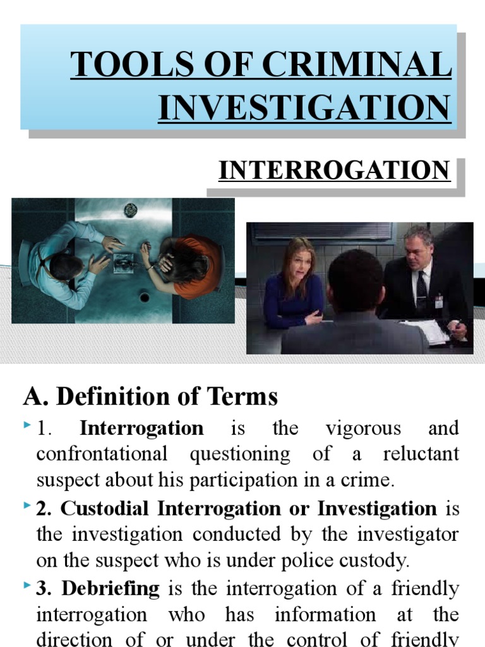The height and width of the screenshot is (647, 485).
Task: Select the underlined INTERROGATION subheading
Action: (x=334, y=170)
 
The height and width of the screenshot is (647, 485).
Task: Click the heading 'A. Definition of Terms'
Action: (x=150, y=397)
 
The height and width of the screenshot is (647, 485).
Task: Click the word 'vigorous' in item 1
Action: (x=363, y=428)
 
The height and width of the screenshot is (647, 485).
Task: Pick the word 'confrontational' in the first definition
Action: (x=102, y=454)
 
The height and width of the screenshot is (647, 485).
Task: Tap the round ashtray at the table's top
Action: (x=131, y=209)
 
